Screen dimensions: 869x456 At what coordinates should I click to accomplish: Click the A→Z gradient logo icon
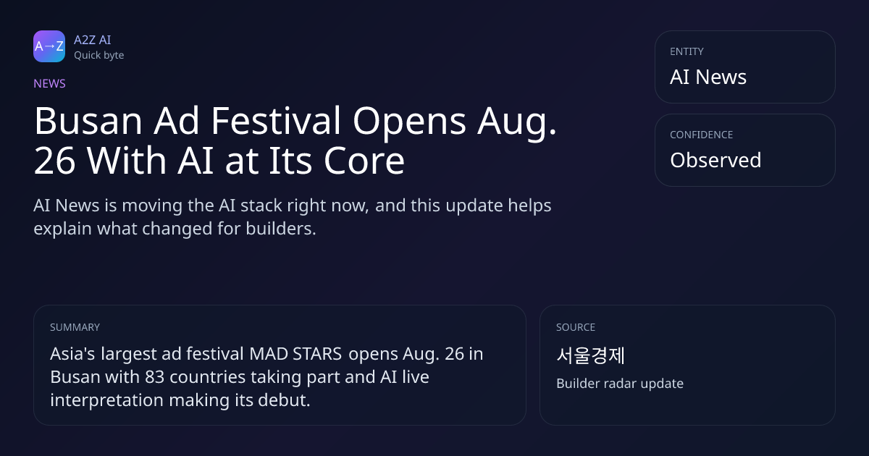coord(49,46)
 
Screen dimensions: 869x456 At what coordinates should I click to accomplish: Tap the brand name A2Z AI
coord(93,40)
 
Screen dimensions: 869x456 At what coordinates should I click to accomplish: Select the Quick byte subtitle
coord(99,56)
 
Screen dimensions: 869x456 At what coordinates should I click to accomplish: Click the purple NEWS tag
coord(49,83)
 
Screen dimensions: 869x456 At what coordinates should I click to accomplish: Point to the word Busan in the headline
coord(88,121)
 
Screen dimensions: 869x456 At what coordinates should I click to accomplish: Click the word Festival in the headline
coord(275,121)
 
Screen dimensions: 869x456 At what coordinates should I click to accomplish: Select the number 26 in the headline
coord(54,161)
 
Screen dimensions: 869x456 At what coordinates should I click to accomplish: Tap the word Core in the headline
coord(364,161)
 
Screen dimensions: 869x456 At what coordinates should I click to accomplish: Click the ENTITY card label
coord(687,51)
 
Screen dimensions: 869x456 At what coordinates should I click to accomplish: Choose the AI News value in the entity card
coord(708,77)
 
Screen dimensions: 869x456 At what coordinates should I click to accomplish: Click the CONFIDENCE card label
coord(702,135)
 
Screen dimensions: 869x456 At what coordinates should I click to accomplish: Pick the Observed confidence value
coord(715,160)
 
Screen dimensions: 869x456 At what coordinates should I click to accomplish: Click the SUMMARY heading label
coord(75,327)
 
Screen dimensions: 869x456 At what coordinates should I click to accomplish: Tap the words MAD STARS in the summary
coord(295,354)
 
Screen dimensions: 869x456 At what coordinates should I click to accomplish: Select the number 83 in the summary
coord(155,377)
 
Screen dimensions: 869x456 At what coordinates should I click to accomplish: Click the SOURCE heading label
coord(576,327)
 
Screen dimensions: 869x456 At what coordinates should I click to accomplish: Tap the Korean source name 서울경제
coord(590,355)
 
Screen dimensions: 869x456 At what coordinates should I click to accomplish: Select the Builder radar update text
coord(620,384)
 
